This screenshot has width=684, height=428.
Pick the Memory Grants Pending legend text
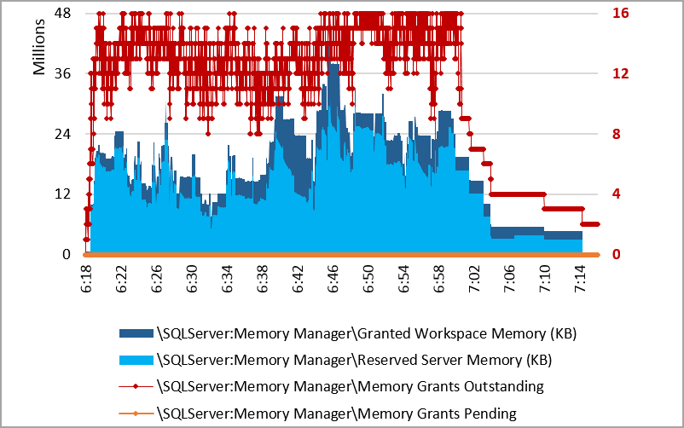tap(338, 414)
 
